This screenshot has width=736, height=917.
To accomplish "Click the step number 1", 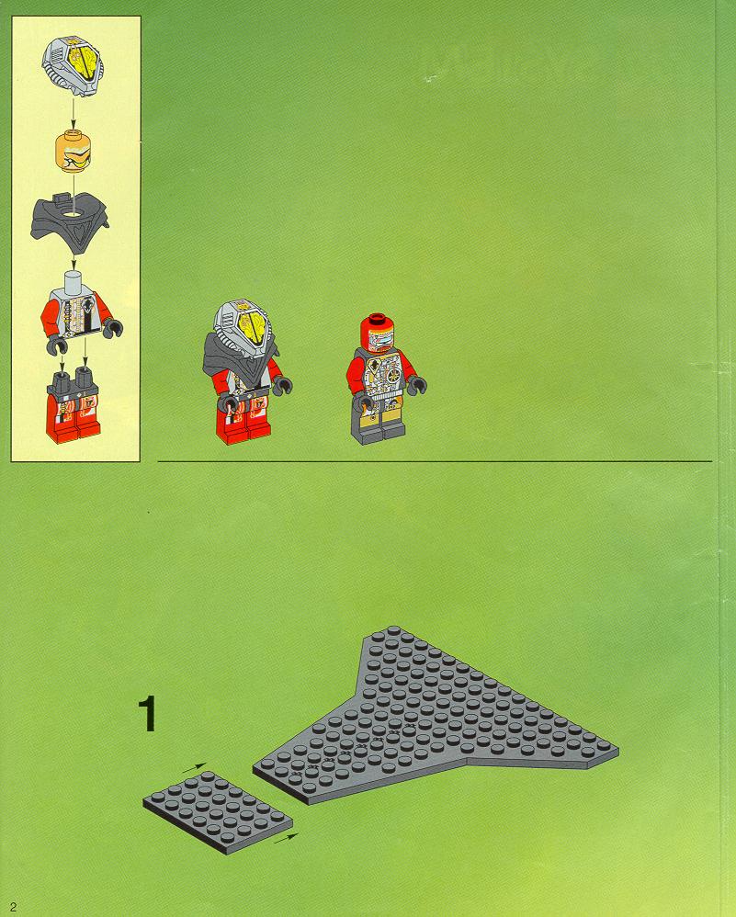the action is click(x=147, y=714).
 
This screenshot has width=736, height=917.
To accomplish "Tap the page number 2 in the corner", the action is click(x=13, y=907).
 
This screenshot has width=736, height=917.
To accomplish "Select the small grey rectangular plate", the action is click(x=218, y=812).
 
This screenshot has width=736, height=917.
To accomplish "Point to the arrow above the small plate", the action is click(x=194, y=767).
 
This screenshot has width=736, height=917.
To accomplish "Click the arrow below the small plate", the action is click(x=286, y=839).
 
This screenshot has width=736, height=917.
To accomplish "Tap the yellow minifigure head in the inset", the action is click(x=74, y=151).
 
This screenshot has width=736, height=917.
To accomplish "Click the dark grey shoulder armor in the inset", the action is click(x=70, y=222).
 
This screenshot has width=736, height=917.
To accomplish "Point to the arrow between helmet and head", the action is click(x=74, y=113).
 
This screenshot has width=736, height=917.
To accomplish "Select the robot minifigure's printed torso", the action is click(x=381, y=374).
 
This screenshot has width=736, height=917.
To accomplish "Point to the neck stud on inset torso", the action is click(x=74, y=277).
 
